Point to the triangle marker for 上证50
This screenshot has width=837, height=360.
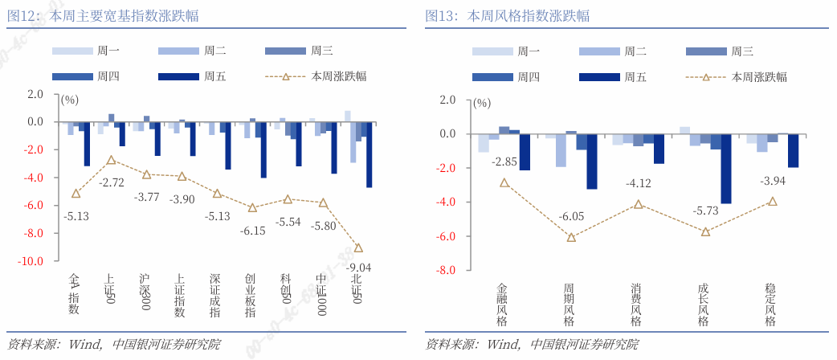[x=111, y=160]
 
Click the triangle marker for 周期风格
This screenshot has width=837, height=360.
[x=571, y=237]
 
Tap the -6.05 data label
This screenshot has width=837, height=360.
[x=571, y=216]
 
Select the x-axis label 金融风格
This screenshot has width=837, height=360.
[x=503, y=305]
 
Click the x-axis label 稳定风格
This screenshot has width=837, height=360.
[x=771, y=305]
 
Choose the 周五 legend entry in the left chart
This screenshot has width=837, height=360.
[x=192, y=76]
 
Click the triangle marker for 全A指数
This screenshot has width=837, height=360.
[x=76, y=194]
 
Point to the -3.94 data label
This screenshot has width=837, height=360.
[x=773, y=182]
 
